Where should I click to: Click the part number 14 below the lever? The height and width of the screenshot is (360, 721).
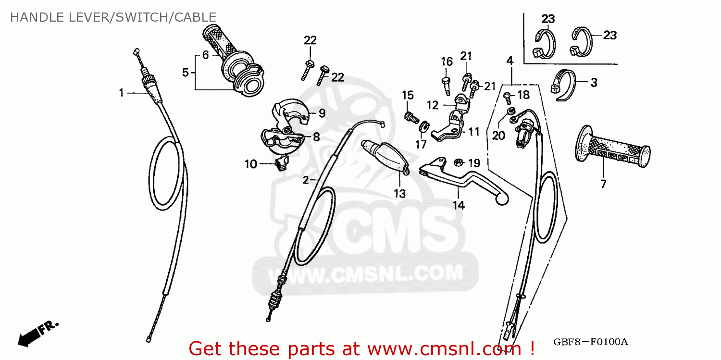coord(459,205)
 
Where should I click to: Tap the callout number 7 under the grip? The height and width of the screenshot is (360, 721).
coord(603,184)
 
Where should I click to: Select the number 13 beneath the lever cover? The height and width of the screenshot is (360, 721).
coord(400,194)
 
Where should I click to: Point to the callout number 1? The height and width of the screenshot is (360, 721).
coord(121,93)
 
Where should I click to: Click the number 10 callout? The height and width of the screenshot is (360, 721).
coord(251,164)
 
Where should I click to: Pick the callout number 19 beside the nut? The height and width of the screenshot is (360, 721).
coord(474,163)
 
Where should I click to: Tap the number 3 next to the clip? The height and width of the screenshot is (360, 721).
coord(594,83)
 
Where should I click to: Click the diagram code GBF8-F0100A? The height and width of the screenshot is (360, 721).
coord(591,342)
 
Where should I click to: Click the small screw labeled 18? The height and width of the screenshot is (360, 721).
coord(508,98)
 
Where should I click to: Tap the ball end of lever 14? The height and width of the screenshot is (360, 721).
coord(502,199)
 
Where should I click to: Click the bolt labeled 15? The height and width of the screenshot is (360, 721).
coord(411,117)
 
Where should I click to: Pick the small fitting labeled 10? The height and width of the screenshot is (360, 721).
coord(282,163)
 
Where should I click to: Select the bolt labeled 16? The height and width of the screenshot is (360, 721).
coord(447,85)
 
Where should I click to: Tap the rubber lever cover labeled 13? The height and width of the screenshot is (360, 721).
coord(385,157)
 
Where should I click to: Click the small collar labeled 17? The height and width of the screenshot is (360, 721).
coord(424,126)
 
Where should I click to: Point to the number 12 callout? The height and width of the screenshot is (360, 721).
coord(433,105)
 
